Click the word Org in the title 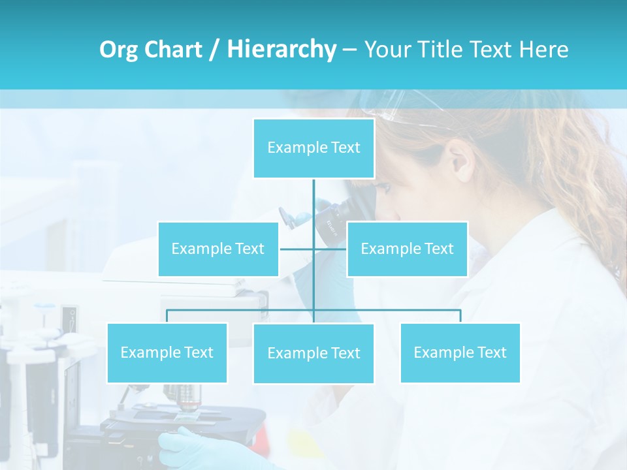pos(119,50)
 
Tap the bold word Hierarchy pos(281,50)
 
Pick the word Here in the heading pos(543,50)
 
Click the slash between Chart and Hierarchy pos(214,50)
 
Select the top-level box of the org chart pos(313,148)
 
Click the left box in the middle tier pos(218,249)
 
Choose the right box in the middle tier pos(407,249)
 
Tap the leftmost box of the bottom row pos(167,352)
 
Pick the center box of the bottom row pos(313,353)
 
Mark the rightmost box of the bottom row pos(460,352)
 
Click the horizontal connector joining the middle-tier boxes pos(297,249)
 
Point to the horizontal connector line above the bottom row pos(392,310)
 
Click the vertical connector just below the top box pos(313,196)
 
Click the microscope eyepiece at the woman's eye pos(340,215)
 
